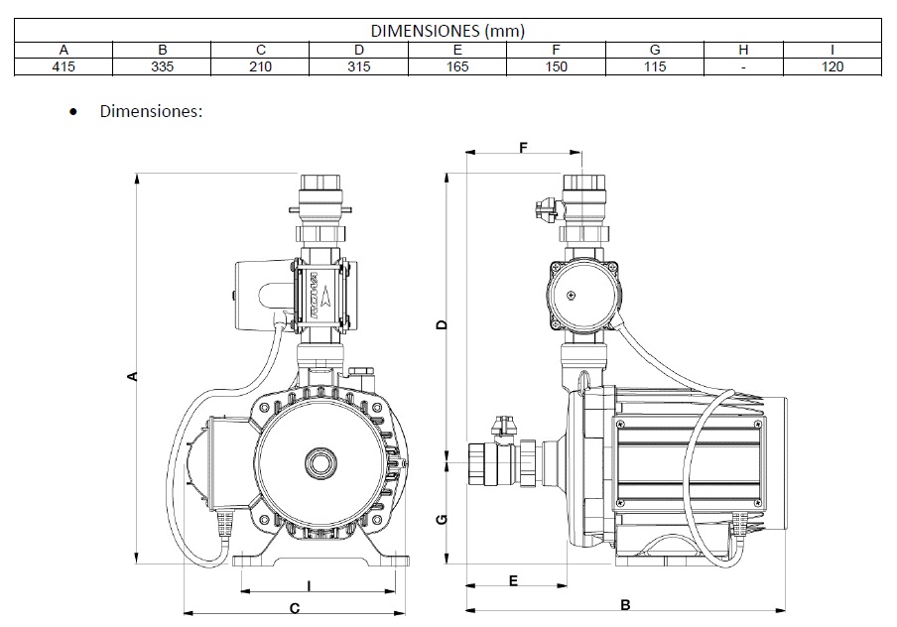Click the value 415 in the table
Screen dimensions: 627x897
64,66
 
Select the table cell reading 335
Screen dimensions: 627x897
163,66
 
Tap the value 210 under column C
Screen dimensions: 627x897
261,66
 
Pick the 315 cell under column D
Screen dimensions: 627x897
359,66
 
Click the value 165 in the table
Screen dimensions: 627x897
457,66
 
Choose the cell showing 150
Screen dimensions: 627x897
556,66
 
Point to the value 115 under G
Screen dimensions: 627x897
654,66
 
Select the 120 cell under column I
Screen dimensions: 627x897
833,66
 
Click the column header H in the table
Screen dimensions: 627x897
743,50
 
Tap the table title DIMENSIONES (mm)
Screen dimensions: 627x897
448,32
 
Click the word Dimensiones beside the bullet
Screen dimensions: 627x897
151,111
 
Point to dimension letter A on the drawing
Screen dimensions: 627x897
131,375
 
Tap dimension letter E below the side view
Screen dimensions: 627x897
512,579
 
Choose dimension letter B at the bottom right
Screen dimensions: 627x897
626,604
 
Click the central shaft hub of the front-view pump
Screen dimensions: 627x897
320,462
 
